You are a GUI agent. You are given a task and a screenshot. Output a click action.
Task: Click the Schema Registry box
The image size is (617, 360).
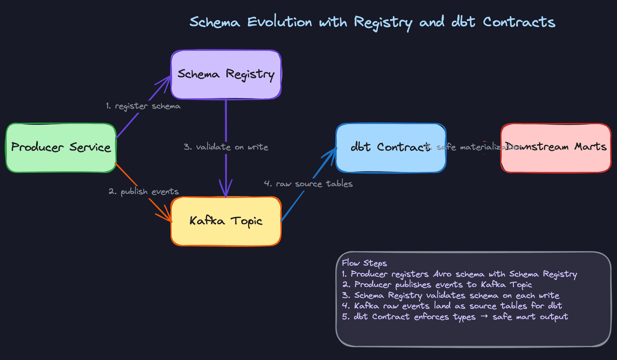coord(226,75)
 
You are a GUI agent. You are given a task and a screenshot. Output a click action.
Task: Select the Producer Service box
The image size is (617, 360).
coord(61,148)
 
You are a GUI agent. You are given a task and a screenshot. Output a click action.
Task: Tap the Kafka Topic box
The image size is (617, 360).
coord(226,221)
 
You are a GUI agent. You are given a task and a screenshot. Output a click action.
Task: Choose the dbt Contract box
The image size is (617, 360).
coord(391,148)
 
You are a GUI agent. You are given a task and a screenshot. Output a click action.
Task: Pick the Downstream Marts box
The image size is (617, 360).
coord(556,148)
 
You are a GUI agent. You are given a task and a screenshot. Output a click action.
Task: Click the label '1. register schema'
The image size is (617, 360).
coord(143,106)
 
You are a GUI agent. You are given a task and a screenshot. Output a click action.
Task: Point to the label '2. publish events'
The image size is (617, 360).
coord(144,192)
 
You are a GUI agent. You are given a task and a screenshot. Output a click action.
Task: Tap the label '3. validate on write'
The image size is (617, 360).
coord(226,147)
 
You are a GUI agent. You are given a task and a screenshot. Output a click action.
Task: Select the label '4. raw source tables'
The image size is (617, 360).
coord(308,184)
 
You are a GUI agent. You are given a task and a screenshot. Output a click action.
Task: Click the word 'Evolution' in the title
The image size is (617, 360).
coord(280,22)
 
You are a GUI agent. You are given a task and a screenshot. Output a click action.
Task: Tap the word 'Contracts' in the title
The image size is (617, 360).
coord(519,22)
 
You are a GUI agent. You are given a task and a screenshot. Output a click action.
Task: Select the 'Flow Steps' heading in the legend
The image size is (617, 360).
coord(364,263)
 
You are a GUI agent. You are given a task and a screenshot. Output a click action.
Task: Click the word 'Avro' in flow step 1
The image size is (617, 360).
coord(442,274)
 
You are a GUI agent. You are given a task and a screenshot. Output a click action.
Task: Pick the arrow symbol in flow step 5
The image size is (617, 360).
coord(484,317)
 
